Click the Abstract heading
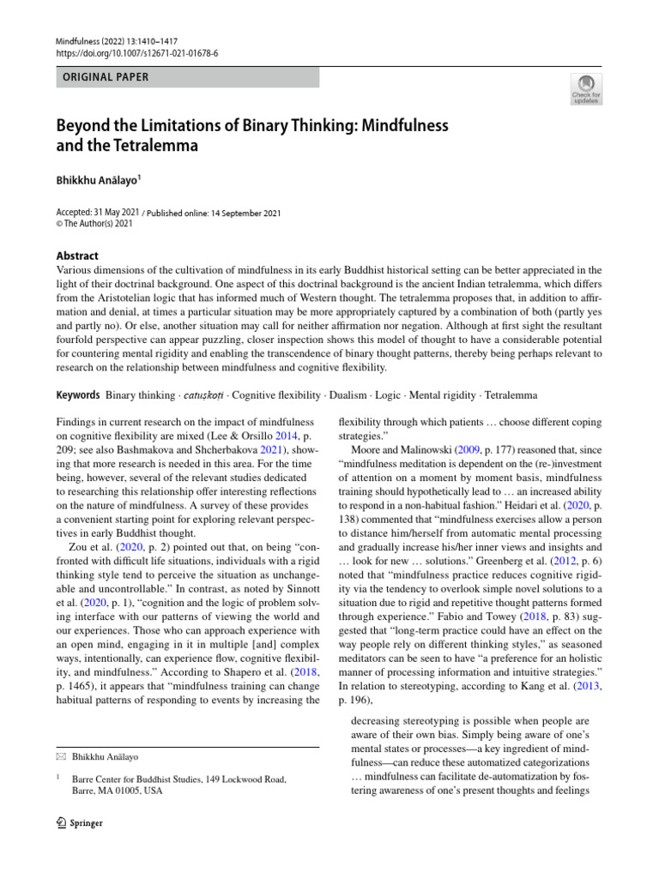coord(76,256)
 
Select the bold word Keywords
coord(76,395)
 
